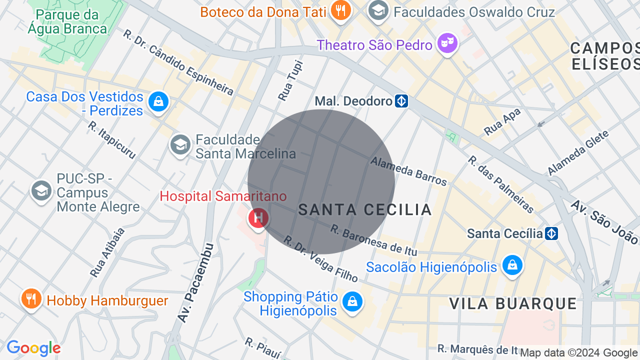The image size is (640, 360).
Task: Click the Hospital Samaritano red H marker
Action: (x=258, y=218)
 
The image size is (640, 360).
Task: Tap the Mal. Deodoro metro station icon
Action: (x=401, y=101)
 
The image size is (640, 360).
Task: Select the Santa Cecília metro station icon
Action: (x=551, y=233)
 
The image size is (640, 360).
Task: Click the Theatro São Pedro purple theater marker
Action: (x=447, y=43)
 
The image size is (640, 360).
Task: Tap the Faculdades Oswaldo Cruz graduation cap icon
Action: (x=378, y=10)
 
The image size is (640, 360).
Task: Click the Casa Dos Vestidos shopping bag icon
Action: (x=158, y=102)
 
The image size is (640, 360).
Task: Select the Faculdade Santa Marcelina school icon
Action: (x=180, y=145)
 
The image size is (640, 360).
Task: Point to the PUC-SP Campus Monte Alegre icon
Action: (x=41, y=190)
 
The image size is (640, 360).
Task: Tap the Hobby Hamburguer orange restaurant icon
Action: (x=31, y=299)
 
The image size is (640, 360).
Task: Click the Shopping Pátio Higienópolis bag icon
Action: (x=352, y=301)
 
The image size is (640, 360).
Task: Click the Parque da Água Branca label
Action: (x=67, y=22)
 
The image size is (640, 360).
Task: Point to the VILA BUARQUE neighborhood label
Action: (x=513, y=303)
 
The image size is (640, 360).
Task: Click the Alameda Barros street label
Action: (x=408, y=171)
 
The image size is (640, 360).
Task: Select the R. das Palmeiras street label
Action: (x=501, y=184)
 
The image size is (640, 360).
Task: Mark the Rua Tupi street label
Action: (x=291, y=80)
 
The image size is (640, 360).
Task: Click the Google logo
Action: (x=33, y=348)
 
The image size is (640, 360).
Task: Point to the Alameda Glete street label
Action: (x=578, y=152)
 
